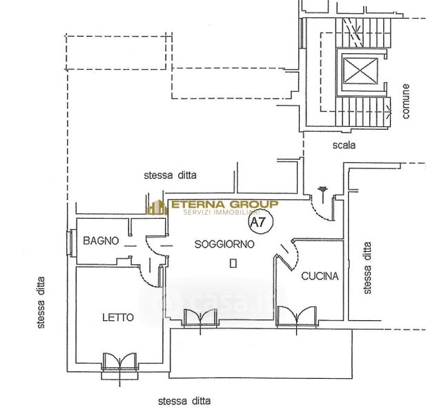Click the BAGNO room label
coord(101,241)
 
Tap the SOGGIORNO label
coord(224,244)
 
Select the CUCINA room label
coord(320,276)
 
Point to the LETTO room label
coord(118,317)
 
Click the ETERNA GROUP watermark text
coord(224,204)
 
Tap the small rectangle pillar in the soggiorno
coord(233,263)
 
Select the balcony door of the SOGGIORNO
coord(200,317)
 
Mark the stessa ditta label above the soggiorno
coord(170,175)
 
